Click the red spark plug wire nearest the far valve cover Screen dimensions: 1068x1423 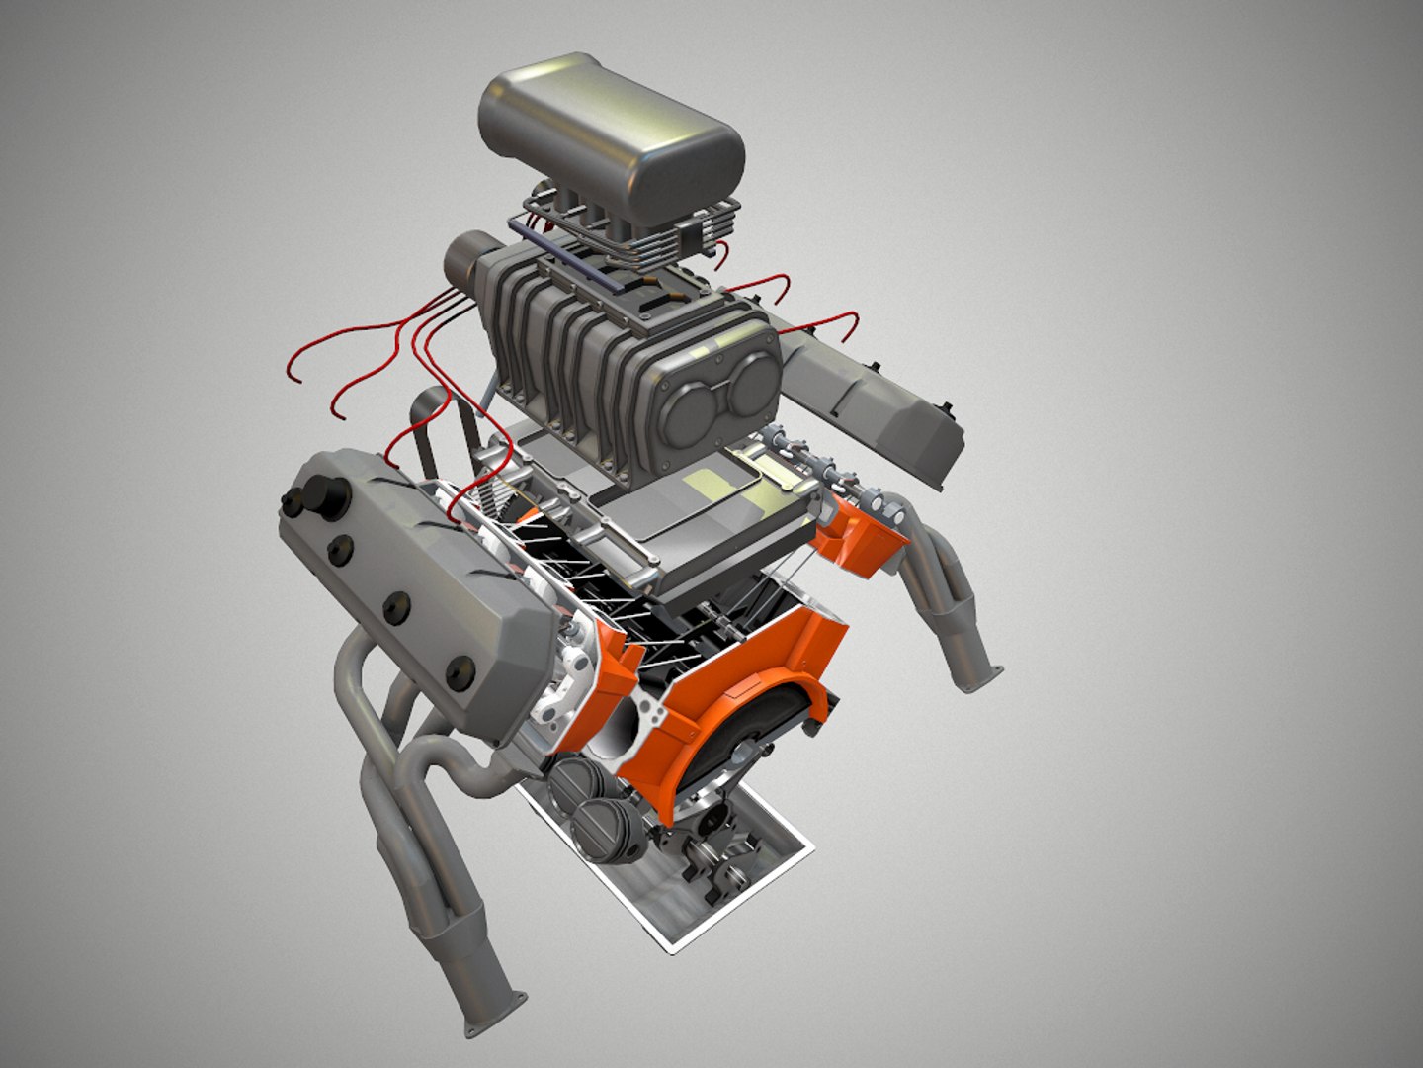point(825,321)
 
